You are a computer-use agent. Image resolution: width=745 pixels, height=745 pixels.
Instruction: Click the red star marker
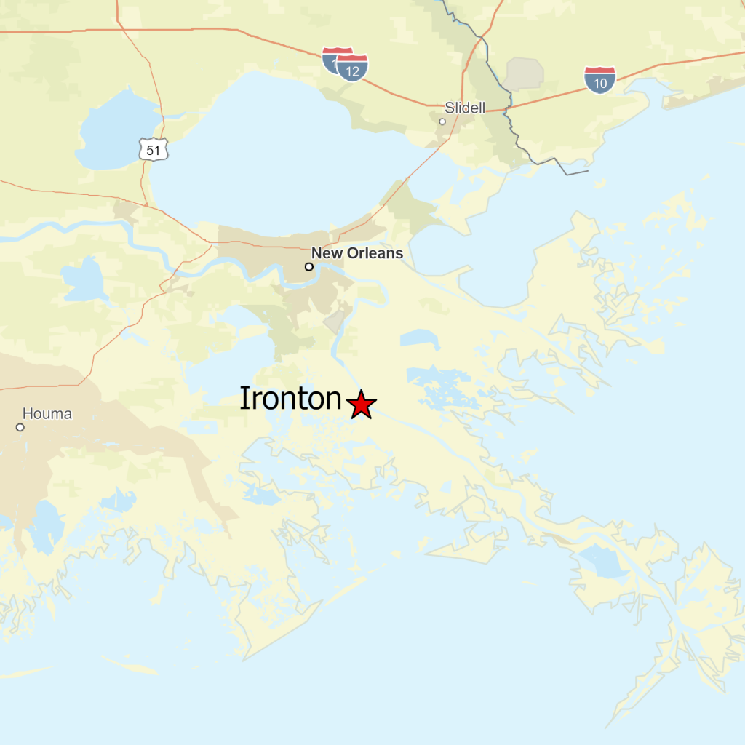pyautogui.click(x=361, y=405)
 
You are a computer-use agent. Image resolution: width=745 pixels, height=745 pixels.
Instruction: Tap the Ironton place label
pyautogui.click(x=291, y=399)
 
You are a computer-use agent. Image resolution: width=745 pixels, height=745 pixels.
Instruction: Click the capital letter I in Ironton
pyautogui.click(x=245, y=399)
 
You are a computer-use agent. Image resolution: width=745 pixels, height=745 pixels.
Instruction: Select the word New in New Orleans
pyautogui.click(x=325, y=253)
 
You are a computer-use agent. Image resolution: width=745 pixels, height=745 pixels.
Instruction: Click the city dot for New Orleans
pyautogui.click(x=309, y=267)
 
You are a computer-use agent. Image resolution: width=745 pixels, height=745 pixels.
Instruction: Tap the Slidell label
pyautogui.click(x=464, y=108)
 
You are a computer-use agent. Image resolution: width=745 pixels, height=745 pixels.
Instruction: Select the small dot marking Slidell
pyautogui.click(x=442, y=121)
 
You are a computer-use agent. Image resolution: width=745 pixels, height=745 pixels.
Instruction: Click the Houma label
pyautogui.click(x=47, y=414)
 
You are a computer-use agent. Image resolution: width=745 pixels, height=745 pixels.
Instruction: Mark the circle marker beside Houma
pyautogui.click(x=20, y=427)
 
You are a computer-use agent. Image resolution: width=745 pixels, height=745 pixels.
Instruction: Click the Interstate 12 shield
pyautogui.click(x=353, y=69)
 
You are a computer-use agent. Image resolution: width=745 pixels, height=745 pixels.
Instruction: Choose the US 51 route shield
pyautogui.click(x=154, y=149)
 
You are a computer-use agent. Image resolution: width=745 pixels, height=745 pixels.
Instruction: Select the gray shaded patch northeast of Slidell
pyautogui.click(x=525, y=73)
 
